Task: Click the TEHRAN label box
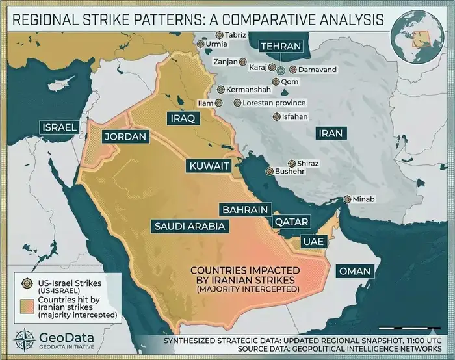281,47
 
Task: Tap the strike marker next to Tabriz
220,34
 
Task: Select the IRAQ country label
183,118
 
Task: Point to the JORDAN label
126,138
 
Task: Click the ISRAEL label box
60,127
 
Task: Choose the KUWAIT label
209,166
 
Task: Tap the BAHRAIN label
244,210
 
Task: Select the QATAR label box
291,222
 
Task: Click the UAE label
309,242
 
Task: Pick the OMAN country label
355,271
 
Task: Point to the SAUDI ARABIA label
190,227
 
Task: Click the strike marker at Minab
348,199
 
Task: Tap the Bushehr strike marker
269,171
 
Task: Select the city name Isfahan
295,117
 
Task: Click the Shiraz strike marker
291,164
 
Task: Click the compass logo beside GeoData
27,341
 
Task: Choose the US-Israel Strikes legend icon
27,284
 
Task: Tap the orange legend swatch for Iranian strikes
27,306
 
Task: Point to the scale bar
406,328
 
